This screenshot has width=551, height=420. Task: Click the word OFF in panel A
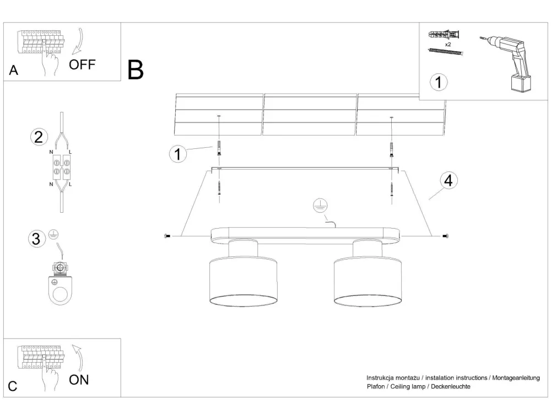82,65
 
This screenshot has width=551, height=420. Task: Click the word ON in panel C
79,379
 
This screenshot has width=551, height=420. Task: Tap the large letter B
135,70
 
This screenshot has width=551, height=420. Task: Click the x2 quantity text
448,44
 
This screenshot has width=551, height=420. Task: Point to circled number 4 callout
449,181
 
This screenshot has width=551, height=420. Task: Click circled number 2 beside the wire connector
38,137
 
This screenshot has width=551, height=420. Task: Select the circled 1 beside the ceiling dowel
177,154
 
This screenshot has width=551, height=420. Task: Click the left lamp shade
243,281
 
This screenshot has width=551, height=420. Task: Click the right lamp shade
368,281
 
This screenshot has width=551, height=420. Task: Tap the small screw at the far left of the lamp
166,236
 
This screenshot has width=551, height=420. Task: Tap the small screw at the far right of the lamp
445,236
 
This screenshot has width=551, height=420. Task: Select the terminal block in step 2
61,168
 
